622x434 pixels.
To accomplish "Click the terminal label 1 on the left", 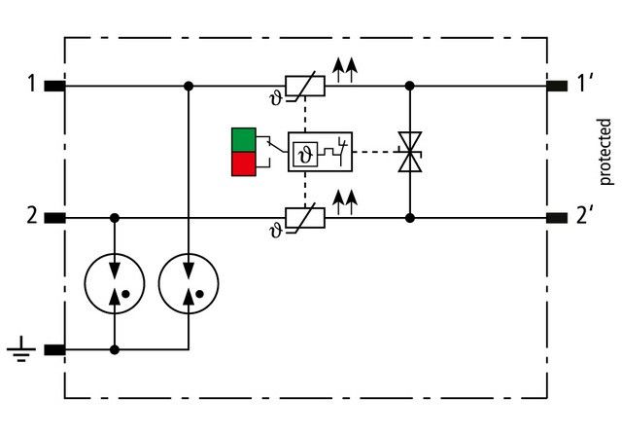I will pyautogui.click(x=31, y=85).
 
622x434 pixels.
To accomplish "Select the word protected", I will pyautogui.click(x=605, y=151).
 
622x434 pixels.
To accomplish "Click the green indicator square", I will pyautogui.click(x=243, y=140).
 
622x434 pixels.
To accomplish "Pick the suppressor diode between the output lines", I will pyautogui.click(x=409, y=153).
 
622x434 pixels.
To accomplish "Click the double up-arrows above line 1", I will pyautogui.click(x=344, y=67).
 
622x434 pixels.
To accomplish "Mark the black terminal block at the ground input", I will pyautogui.click(x=54, y=348).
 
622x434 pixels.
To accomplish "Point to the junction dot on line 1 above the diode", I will pyautogui.click(x=409, y=86).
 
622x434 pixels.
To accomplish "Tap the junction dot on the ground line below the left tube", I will pyautogui.click(x=116, y=348).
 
